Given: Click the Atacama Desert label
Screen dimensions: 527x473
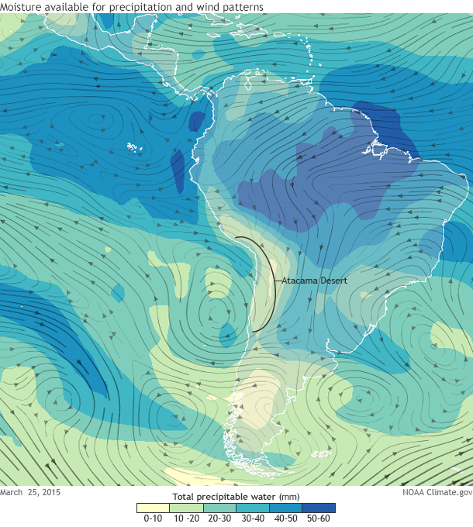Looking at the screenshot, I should (313, 280).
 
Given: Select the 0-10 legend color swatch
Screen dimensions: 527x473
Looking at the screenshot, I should (153, 508).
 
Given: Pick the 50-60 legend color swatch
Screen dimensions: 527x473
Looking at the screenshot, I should (319, 508).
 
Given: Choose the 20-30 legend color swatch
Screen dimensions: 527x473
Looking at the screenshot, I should (219, 508).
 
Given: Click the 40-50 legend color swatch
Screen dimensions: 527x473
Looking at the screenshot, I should (286, 508).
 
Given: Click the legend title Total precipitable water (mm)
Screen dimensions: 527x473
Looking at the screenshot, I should (236, 496).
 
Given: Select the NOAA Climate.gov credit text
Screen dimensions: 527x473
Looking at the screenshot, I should (437, 492).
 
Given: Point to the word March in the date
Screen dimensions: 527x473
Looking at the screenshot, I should (12, 492).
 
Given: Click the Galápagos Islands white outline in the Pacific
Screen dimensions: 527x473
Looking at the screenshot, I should (135, 147).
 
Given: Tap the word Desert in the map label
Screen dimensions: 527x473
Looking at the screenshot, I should (331, 280).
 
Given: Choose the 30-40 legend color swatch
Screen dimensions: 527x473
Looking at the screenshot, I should (253, 508).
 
